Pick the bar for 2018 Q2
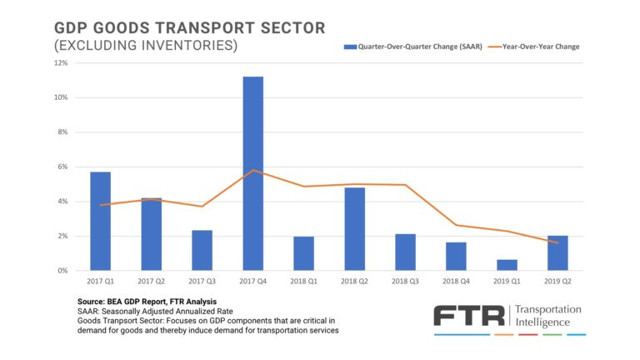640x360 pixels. click(354, 229)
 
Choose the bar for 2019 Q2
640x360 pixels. click(557, 253)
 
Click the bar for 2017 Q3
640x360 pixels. click(202, 250)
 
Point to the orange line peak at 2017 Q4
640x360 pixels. click(252, 170)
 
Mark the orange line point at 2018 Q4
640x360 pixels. click(456, 225)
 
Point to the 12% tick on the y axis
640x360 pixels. click(61, 62)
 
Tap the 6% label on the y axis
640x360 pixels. click(62, 167)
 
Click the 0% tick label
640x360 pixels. click(62, 271)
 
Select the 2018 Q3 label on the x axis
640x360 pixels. click(405, 282)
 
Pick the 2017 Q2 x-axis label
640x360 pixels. click(151, 282)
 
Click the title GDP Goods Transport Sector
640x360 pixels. click(189, 27)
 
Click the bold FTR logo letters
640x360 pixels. click(468, 316)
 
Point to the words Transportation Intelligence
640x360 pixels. click(547, 316)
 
